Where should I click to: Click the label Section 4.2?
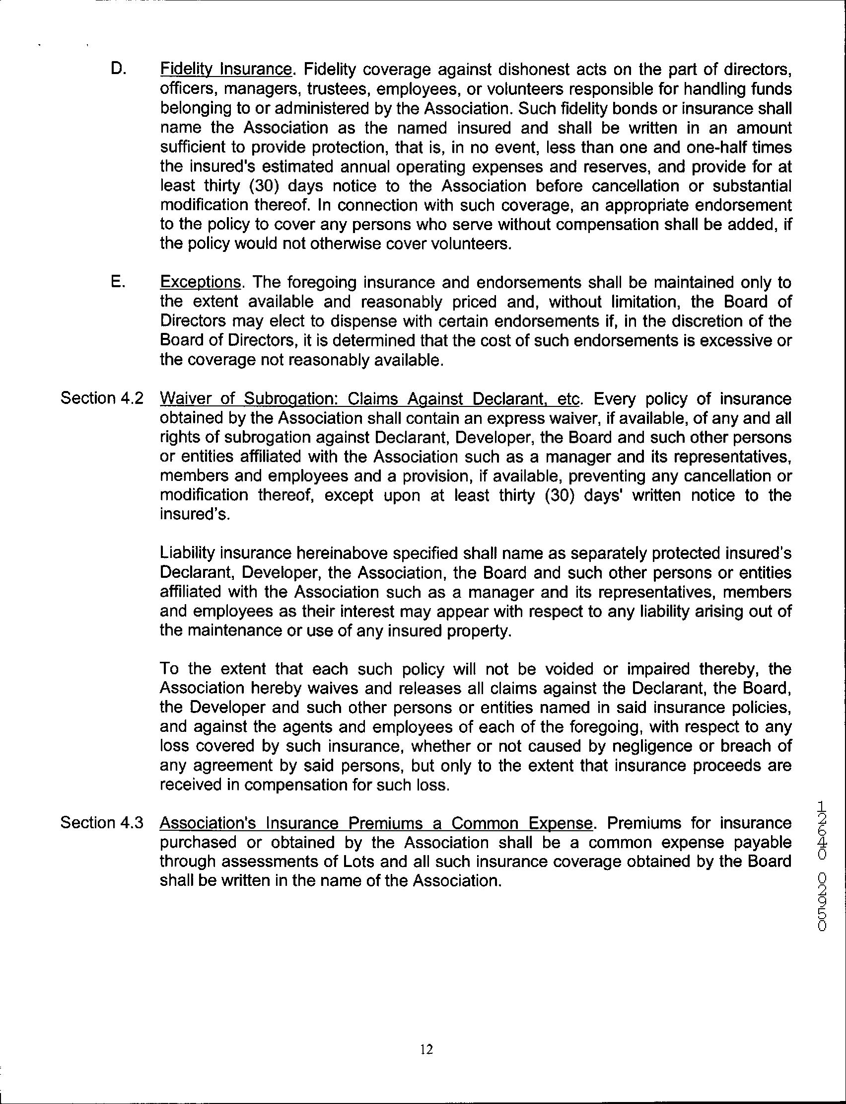click(x=102, y=398)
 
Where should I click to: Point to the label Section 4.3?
click(x=102, y=823)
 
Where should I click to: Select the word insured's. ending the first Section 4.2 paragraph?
click(x=195, y=515)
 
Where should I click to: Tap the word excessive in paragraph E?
click(x=737, y=341)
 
